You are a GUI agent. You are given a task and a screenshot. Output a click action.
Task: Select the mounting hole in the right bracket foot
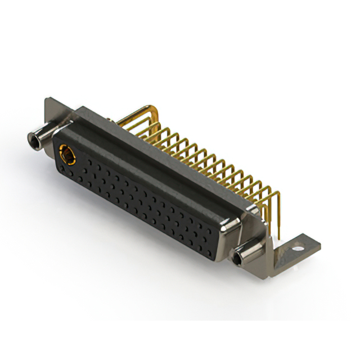[x=299, y=246]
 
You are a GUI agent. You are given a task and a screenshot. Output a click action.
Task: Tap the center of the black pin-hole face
[x=138, y=200]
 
